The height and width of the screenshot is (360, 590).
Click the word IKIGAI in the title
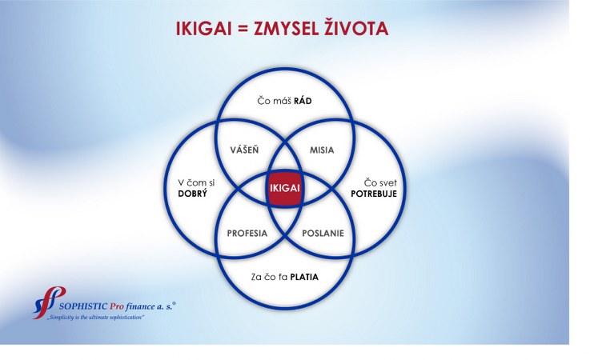pyautogui.click(x=203, y=29)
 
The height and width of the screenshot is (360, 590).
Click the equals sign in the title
pyautogui.click(x=243, y=30)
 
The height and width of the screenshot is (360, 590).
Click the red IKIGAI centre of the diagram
pyautogui.click(x=285, y=188)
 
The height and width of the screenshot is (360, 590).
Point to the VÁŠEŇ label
pyautogui.click(x=245, y=150)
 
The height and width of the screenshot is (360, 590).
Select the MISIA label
pyautogui.click(x=322, y=150)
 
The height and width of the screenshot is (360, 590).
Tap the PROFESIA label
pyautogui.click(x=247, y=234)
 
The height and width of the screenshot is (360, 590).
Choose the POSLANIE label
pyautogui.click(x=323, y=234)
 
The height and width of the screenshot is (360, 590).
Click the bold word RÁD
pyautogui.click(x=303, y=101)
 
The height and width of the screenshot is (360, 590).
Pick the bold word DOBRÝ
pyautogui.click(x=192, y=194)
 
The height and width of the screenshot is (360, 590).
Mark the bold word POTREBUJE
pyautogui.click(x=374, y=194)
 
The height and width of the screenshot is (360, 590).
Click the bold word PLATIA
pyautogui.click(x=304, y=278)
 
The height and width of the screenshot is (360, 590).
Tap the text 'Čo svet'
pyautogui.click(x=380, y=183)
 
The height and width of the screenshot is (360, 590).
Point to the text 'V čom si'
pyautogui.click(x=196, y=183)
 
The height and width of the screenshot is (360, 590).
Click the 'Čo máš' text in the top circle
pyautogui.click(x=275, y=101)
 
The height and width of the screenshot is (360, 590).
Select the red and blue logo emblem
pyautogui.click(x=49, y=302)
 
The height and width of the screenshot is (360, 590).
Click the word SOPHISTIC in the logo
pyautogui.click(x=83, y=306)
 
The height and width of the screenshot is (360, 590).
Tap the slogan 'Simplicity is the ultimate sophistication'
pyautogui.click(x=96, y=318)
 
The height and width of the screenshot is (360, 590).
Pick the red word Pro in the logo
pyautogui.click(x=117, y=306)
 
